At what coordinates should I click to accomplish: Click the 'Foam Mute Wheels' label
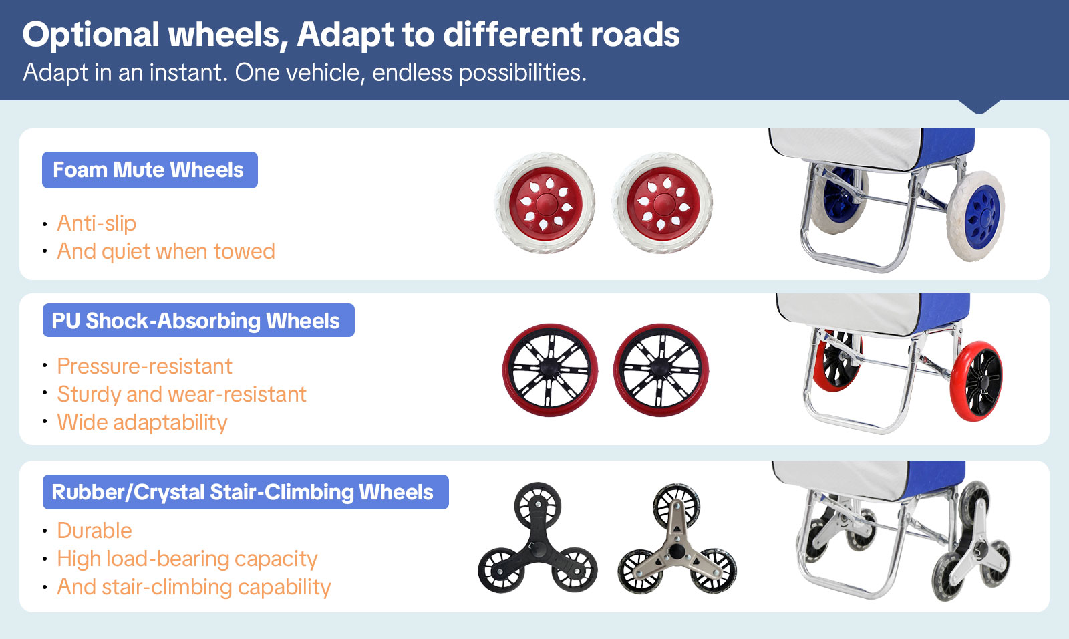pyautogui.click(x=149, y=170)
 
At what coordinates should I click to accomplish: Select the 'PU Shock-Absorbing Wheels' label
pyautogui.click(x=196, y=321)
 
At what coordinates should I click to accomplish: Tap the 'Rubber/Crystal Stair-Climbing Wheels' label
pyautogui.click(x=243, y=492)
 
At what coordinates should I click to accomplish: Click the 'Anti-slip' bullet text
pyautogui.click(x=97, y=223)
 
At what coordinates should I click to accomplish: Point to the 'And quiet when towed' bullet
pyautogui.click(x=166, y=251)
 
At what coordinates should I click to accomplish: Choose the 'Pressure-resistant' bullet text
pyautogui.click(x=145, y=366)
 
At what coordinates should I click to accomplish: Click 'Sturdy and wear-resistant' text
pyautogui.click(x=182, y=394)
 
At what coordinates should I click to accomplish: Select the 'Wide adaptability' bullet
pyautogui.click(x=142, y=422)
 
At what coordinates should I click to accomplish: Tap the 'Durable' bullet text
pyautogui.click(x=95, y=531)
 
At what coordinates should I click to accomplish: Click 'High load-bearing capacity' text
pyautogui.click(x=187, y=559)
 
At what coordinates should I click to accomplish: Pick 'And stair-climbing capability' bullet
pyautogui.click(x=194, y=587)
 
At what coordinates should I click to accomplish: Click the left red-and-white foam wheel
pyautogui.click(x=545, y=203)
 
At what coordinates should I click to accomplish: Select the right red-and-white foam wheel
pyautogui.click(x=663, y=203)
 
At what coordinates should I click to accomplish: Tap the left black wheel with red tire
pyautogui.click(x=550, y=370)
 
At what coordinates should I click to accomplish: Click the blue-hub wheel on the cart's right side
pyautogui.click(x=977, y=216)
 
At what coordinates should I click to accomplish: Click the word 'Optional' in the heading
pyautogui.click(x=91, y=35)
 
